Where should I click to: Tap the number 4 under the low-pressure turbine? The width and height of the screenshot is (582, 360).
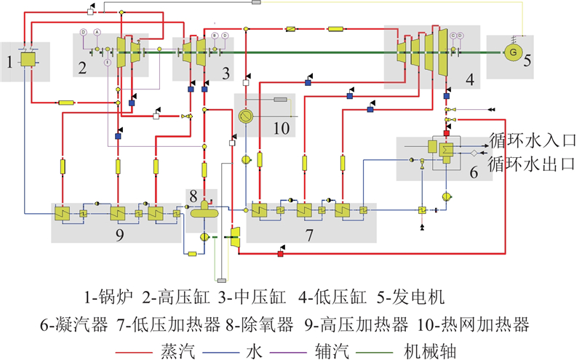tap(471, 81)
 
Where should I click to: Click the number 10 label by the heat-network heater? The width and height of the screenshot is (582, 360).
tap(280, 128)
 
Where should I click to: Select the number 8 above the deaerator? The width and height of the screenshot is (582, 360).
tap(193, 196)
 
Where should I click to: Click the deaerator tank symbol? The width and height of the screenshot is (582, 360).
tap(205, 212)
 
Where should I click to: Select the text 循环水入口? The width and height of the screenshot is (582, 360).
tap(533, 140)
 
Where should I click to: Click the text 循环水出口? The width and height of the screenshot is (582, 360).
tap(533, 161)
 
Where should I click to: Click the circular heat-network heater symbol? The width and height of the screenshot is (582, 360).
tap(247, 116)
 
